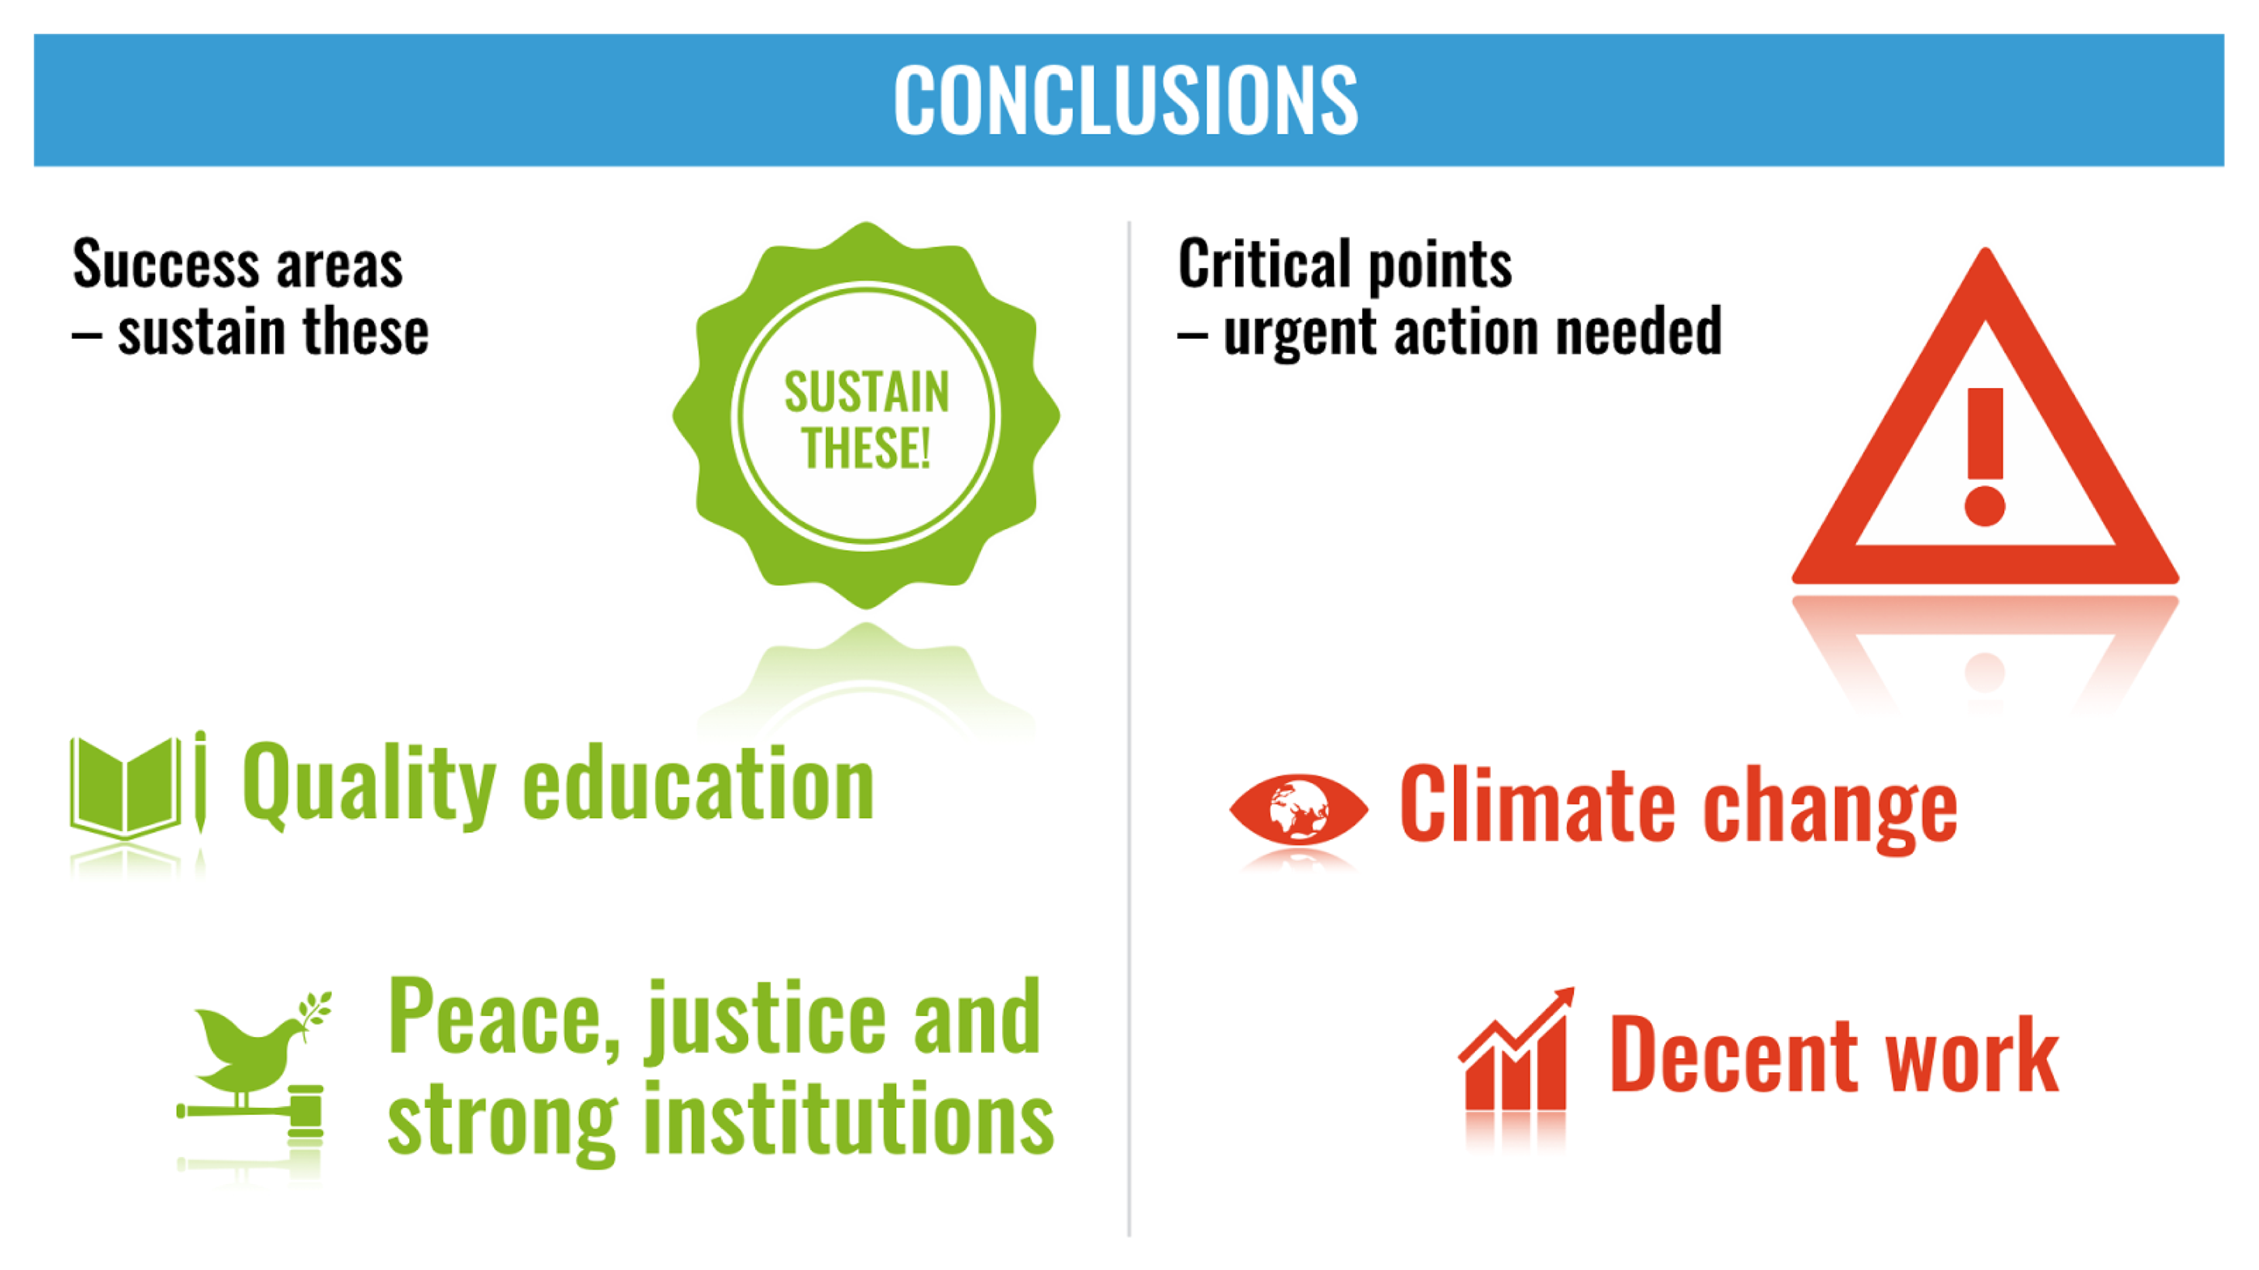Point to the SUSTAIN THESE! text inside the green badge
point(867,419)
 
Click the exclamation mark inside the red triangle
point(1985,457)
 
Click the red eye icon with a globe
point(1298,808)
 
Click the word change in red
point(1830,811)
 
